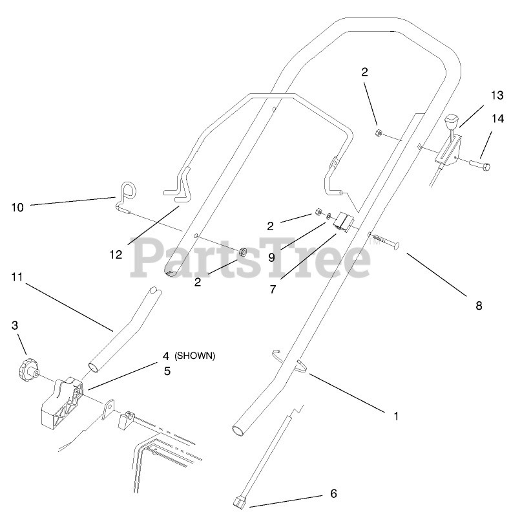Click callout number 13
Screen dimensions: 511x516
pyautogui.click(x=496, y=95)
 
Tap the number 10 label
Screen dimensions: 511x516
pyautogui.click(x=17, y=207)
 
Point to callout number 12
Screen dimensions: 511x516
pyautogui.click(x=116, y=254)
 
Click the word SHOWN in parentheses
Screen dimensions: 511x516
pyautogui.click(x=199, y=356)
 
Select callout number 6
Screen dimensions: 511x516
pyautogui.click(x=333, y=493)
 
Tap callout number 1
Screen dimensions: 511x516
pyautogui.click(x=395, y=416)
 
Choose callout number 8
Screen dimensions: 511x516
pyautogui.click(x=479, y=306)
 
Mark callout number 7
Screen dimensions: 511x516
pyautogui.click(x=273, y=290)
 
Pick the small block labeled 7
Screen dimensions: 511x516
pyautogui.click(x=342, y=222)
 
